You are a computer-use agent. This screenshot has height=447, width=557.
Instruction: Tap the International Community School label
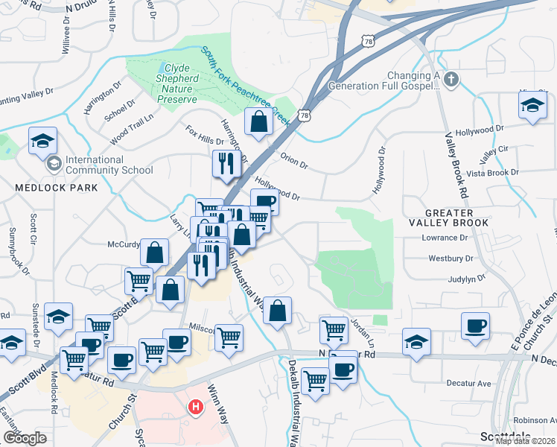[x=109, y=165]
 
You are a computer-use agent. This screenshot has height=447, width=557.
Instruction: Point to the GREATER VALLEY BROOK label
[x=456, y=217]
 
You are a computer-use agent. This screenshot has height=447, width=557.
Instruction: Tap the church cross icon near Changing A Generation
[x=450, y=79]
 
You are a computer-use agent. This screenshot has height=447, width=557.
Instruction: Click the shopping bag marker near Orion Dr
[x=258, y=122]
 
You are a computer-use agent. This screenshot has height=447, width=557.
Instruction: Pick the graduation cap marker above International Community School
[x=43, y=139]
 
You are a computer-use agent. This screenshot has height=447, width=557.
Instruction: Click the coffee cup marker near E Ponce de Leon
[x=475, y=326]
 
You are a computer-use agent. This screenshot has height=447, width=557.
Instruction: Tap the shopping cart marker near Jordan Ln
[x=334, y=329]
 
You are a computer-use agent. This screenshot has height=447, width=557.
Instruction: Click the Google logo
[x=24, y=438]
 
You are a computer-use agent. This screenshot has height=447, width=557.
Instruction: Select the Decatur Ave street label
[x=468, y=384]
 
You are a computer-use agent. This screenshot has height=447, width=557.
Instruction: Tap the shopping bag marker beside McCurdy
[x=154, y=252]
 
